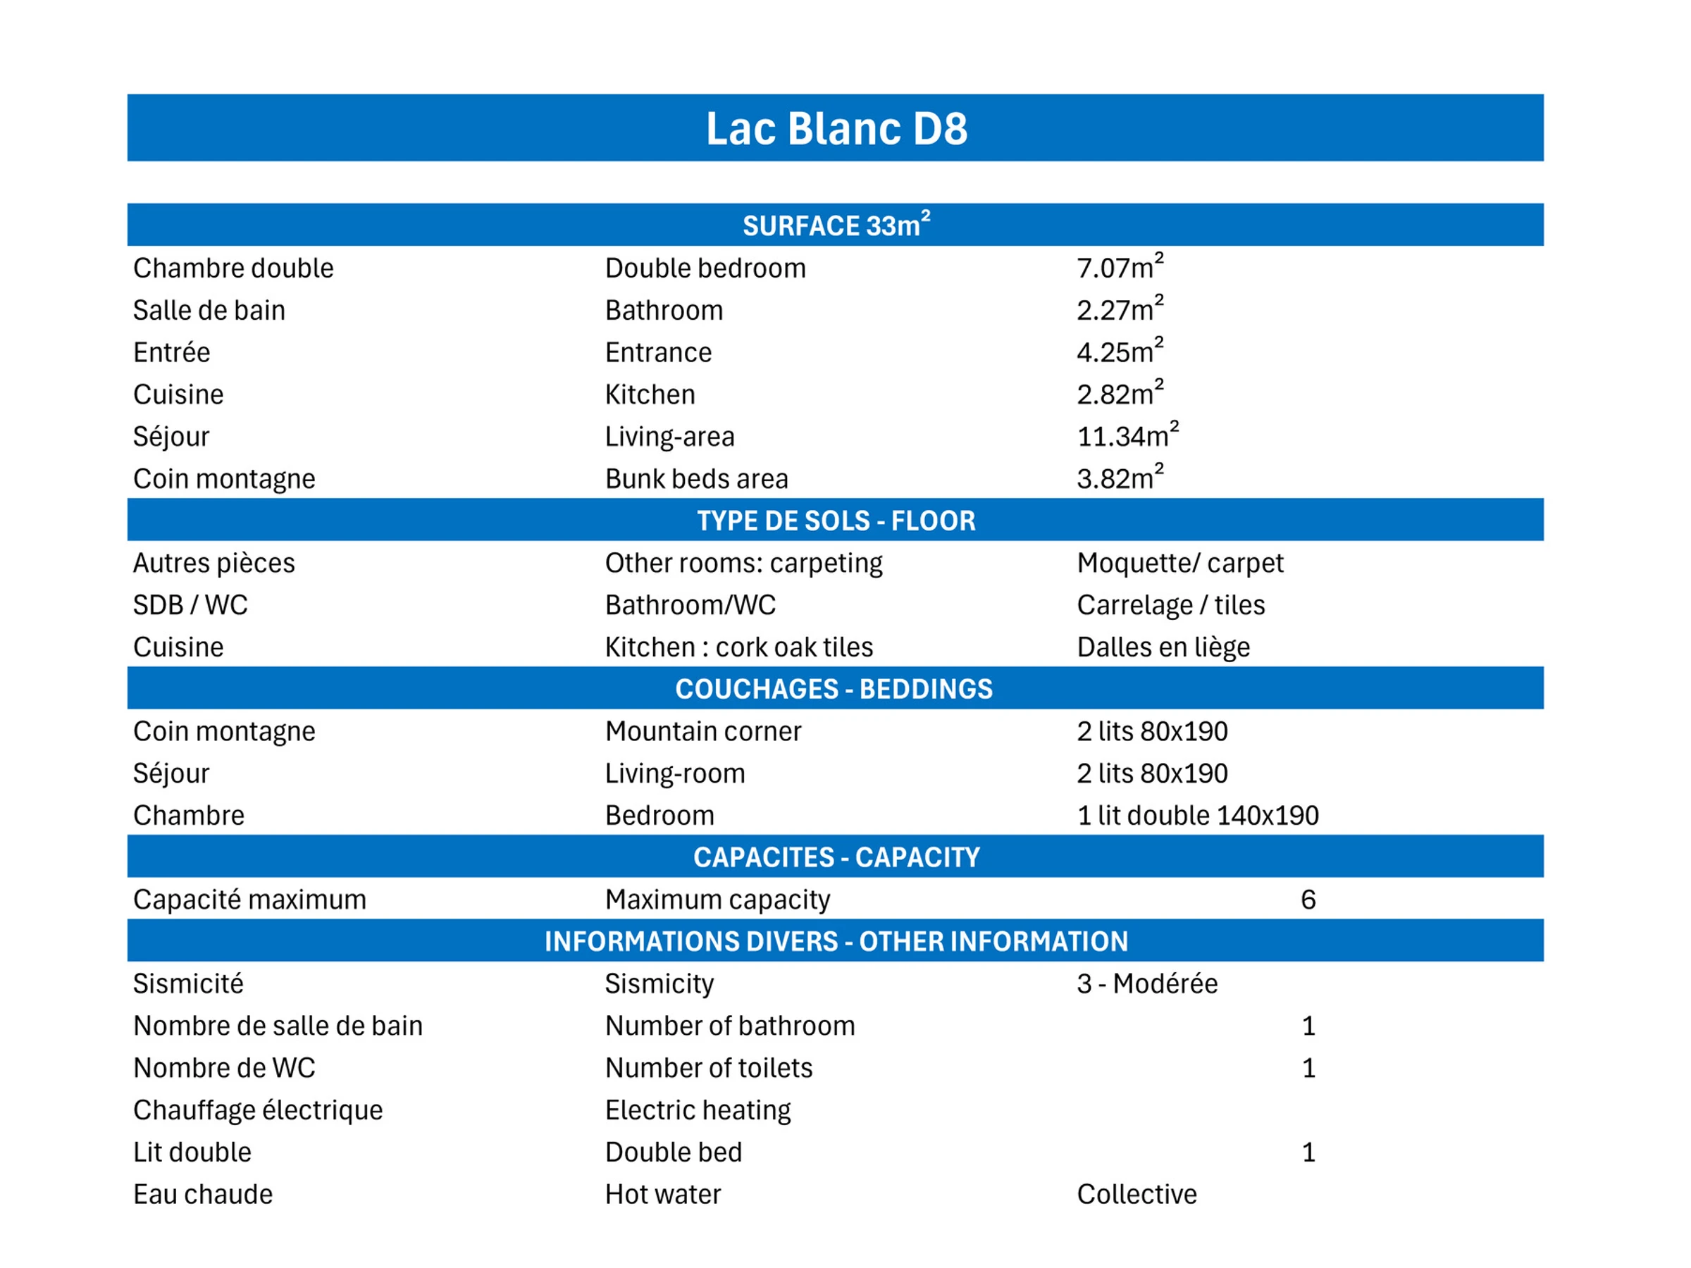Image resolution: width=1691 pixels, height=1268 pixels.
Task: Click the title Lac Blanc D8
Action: (836, 128)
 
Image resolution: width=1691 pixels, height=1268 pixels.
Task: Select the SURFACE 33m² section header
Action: (836, 225)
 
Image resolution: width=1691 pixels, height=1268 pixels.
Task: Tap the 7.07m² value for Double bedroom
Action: (1119, 268)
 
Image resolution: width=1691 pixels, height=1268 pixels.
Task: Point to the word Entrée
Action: (171, 352)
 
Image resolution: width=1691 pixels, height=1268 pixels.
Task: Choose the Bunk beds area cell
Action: (695, 478)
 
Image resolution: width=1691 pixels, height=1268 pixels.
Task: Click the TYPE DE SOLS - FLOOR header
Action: (836, 521)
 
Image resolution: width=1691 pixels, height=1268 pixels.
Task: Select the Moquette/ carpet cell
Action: (1179, 563)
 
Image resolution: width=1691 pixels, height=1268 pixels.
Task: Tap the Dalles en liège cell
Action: (1163, 647)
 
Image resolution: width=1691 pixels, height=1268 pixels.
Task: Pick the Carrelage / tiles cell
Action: (1170, 604)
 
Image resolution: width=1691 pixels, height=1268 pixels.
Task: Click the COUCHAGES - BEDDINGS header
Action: (834, 689)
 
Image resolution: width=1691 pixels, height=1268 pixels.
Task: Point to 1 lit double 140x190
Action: (1197, 815)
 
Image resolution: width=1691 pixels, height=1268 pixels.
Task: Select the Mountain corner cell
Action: (702, 731)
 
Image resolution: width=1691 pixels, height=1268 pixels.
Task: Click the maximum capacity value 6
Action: (1308, 899)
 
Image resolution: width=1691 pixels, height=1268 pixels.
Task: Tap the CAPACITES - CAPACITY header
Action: (836, 857)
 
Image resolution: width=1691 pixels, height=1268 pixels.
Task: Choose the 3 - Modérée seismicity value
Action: (1146, 983)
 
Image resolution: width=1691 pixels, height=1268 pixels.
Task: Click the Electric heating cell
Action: (698, 1109)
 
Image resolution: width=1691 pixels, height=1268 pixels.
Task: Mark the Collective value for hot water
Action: (1136, 1194)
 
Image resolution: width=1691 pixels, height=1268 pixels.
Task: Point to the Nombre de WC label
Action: (224, 1068)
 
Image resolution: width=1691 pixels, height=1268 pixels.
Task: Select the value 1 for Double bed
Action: (1308, 1152)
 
